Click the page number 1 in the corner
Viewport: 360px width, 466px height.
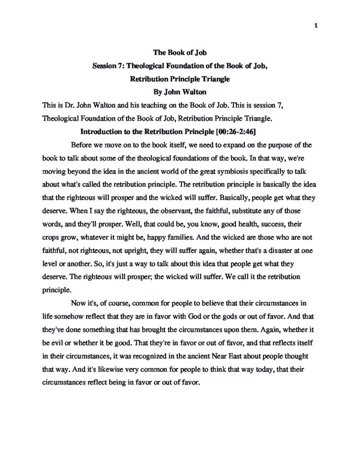click(315, 25)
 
